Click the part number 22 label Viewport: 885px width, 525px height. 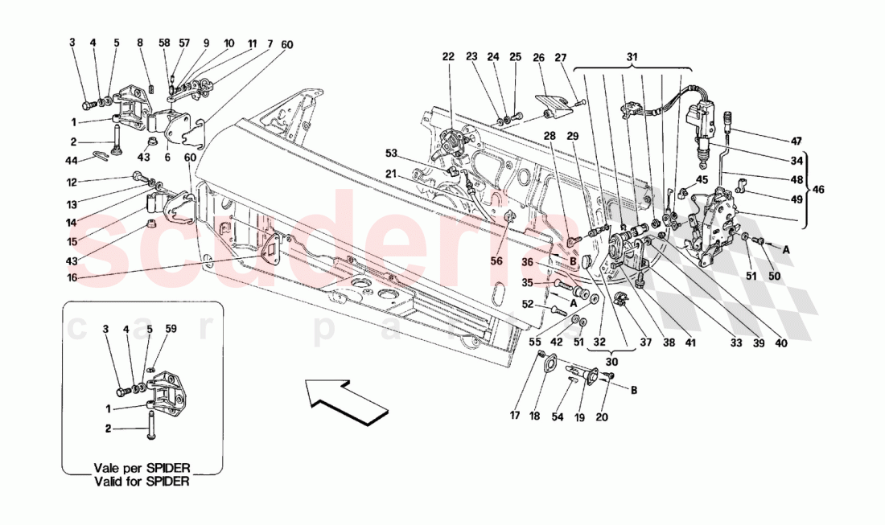448,56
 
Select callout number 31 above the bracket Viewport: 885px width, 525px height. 632,56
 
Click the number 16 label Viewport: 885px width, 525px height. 72,278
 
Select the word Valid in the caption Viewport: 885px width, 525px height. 110,482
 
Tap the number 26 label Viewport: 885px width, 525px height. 538,57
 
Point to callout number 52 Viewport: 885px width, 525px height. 528,304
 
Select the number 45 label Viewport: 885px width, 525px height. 702,179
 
